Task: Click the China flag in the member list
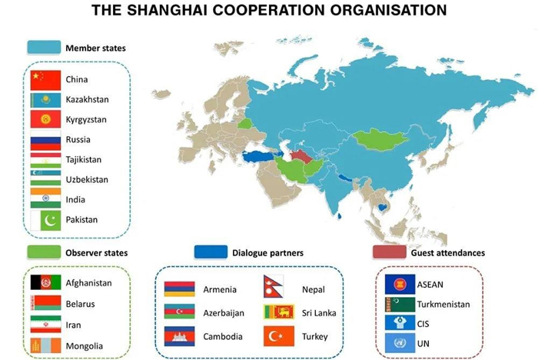click(45, 80)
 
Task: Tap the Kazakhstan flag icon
click(45, 100)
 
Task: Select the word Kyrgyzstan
click(86, 119)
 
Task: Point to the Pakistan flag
click(45, 220)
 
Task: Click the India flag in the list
click(45, 198)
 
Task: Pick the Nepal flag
click(273, 286)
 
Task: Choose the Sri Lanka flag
click(278, 312)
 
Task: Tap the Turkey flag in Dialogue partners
click(278, 336)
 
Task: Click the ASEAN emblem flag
click(400, 284)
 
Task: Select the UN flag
click(400, 343)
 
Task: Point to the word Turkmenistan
click(443, 305)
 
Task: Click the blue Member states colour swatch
click(44, 48)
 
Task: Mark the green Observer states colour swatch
click(44, 252)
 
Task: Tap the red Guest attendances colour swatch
click(389, 252)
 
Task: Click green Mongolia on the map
click(380, 139)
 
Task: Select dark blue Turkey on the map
click(258, 157)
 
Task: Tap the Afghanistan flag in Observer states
click(45, 282)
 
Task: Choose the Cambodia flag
click(179, 336)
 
